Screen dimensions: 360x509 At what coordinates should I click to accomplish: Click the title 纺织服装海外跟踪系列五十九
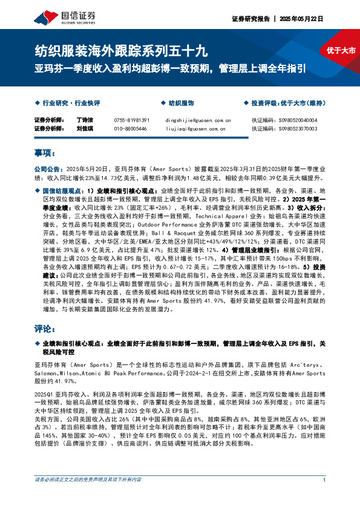point(121,51)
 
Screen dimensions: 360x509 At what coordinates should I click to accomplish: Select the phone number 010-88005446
point(130,129)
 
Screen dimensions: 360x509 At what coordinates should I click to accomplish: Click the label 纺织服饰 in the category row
point(181,103)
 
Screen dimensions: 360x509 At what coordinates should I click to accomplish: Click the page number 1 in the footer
point(325,497)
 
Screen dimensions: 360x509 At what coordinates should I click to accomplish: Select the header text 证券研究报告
point(250,19)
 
